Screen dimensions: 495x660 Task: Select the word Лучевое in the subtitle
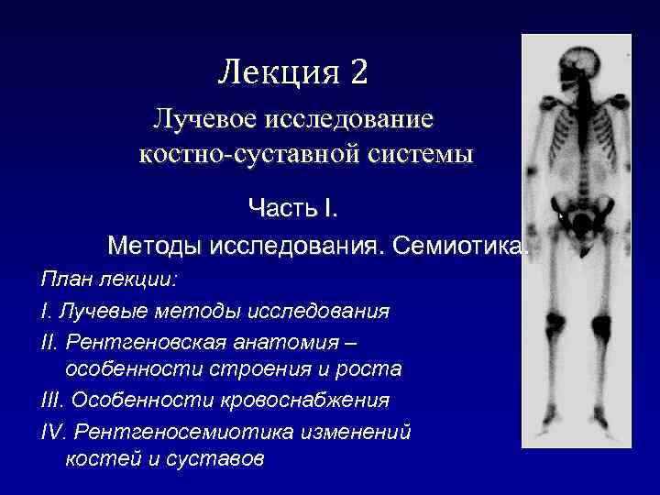[x=206, y=120]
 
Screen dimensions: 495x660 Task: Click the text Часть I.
[x=293, y=208]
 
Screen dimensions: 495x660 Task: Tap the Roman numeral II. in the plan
[x=50, y=341]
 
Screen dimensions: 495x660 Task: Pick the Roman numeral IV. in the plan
[x=53, y=431]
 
